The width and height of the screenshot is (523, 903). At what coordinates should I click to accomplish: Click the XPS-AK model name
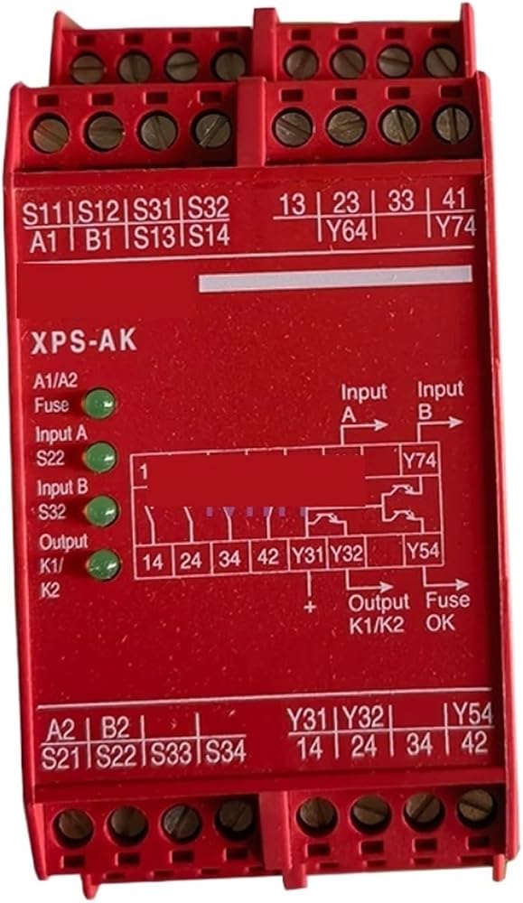point(84,341)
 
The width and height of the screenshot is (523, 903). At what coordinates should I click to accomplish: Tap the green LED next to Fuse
point(99,403)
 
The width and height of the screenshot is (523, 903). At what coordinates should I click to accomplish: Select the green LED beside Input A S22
point(101,457)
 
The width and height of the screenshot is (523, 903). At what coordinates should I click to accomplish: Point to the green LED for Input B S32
point(101,511)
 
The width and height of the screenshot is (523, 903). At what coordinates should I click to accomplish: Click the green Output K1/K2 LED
point(103,563)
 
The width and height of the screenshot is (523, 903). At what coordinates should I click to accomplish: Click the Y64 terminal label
point(348,231)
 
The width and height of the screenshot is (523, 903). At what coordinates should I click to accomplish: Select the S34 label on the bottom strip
point(225,751)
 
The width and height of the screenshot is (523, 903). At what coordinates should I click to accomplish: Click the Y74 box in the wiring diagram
point(420,461)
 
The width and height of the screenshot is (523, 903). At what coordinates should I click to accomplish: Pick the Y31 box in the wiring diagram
point(308,554)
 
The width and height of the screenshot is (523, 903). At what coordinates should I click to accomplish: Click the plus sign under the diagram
point(310,607)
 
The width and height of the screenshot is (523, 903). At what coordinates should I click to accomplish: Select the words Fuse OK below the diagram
point(447,611)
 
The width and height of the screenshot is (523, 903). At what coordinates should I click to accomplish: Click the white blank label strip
point(335,279)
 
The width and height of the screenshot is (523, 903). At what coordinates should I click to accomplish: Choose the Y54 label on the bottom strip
point(472,714)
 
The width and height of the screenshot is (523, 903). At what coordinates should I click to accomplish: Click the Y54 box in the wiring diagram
point(423,551)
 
